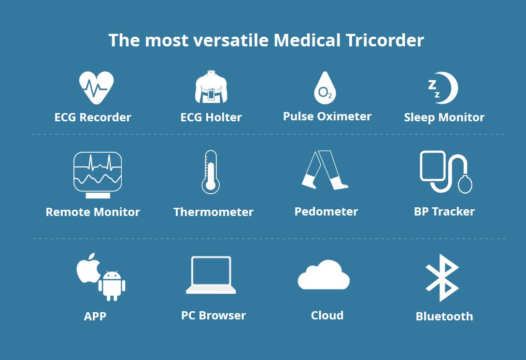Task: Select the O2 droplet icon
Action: [325, 87]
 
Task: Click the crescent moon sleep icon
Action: [449, 87]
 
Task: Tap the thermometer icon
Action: [211, 172]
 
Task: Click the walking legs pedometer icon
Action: [325, 170]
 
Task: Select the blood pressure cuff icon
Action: [446, 172]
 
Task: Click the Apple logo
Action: [88, 268]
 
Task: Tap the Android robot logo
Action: [112, 286]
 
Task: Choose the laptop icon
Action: [211, 275]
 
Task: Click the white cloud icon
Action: [324, 274]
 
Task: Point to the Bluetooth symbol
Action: [442, 278]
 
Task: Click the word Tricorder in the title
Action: [385, 40]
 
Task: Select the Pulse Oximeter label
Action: [327, 116]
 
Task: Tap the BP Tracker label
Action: [444, 212]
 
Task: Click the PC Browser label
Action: [213, 316]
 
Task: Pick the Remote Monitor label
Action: [93, 212]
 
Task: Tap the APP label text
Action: [95, 316]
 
